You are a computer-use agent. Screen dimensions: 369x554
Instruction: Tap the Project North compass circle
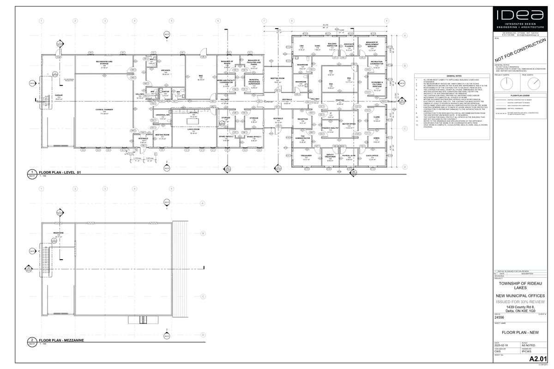click(506, 83)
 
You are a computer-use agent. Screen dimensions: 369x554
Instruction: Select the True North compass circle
click(534, 83)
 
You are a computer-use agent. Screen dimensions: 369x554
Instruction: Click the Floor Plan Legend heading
click(520, 95)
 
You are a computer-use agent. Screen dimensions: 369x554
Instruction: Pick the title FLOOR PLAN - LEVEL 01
click(60, 172)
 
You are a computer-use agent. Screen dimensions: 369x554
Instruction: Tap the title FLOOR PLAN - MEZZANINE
click(61, 339)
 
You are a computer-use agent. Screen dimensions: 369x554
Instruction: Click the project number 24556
click(499, 317)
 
